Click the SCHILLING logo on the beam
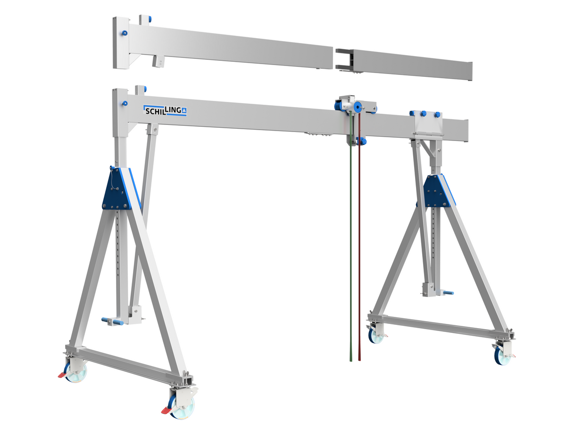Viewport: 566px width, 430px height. (165, 110)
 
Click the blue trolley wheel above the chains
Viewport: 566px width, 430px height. (358, 107)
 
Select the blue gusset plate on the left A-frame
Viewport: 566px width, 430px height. (116, 189)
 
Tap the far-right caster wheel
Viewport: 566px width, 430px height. (503, 356)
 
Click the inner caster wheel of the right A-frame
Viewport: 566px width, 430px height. (375, 335)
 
